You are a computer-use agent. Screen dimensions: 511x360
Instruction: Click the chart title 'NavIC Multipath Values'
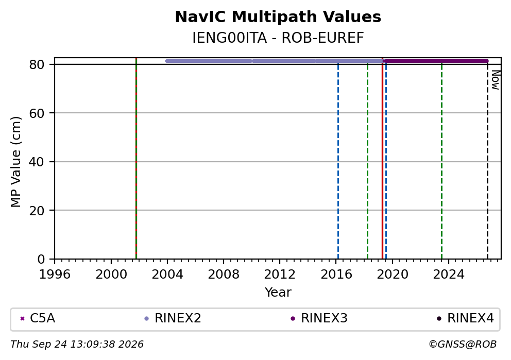pyautogui.click(x=278, y=17)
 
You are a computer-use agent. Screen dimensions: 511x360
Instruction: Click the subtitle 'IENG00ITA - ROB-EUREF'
pyautogui.click(x=278, y=38)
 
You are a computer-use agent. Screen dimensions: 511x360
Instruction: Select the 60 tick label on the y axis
pyautogui.click(x=37, y=113)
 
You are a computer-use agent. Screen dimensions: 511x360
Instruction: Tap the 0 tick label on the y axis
pyautogui.click(x=41, y=260)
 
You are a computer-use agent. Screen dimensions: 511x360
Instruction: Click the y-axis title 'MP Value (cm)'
pyautogui.click(x=15, y=162)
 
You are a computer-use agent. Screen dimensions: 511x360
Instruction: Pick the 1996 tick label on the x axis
pyautogui.click(x=55, y=275)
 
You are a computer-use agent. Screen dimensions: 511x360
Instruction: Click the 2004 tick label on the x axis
pyautogui.click(x=167, y=275)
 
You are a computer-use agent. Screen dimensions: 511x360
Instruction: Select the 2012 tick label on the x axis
pyautogui.click(x=280, y=275)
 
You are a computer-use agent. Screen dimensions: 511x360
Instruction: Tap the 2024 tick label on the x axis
pyautogui.click(x=449, y=275)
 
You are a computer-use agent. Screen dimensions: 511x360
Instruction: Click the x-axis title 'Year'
pyautogui.click(x=278, y=292)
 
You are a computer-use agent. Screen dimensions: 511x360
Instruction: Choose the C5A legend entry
pyautogui.click(x=38, y=318)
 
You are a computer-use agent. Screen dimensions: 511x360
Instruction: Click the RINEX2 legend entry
pyautogui.click(x=173, y=318)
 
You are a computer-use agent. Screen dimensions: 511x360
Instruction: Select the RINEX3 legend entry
pyautogui.click(x=319, y=318)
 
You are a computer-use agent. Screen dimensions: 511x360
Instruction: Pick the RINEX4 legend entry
pyautogui.click(x=465, y=318)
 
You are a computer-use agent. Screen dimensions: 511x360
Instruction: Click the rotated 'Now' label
pyautogui.click(x=496, y=80)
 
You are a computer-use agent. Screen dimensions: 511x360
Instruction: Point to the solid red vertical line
pyautogui.click(x=382, y=158)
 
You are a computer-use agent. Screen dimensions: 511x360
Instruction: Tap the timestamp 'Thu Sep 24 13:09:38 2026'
pyautogui.click(x=77, y=345)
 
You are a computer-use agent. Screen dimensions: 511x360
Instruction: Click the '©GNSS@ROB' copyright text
pyautogui.click(x=463, y=345)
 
